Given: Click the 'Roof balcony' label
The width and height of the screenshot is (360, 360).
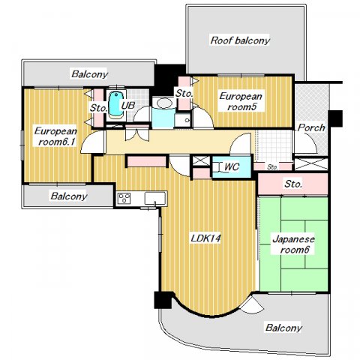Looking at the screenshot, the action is click(240, 40).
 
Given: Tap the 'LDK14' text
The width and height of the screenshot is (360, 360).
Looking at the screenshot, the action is click(205, 238).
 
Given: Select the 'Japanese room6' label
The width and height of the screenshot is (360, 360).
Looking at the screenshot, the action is click(294, 244).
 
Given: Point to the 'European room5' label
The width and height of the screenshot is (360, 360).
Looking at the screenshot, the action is click(241, 101).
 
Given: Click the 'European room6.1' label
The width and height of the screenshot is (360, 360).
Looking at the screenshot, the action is click(55, 136).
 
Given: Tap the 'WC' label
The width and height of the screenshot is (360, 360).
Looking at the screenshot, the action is click(232, 166).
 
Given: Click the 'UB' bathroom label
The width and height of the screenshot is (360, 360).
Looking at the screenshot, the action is click(127, 106).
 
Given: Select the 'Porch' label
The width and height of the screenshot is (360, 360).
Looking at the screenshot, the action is click(311, 127).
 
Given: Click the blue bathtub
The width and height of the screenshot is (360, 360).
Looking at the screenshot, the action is click(116, 104).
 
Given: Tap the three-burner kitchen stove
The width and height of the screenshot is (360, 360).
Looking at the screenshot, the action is click(124, 198).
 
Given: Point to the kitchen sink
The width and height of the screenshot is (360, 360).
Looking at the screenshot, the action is click(155, 199).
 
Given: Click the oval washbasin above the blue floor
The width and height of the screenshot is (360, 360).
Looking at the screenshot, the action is click(164, 103).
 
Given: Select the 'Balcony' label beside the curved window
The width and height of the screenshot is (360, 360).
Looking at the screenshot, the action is click(283, 328).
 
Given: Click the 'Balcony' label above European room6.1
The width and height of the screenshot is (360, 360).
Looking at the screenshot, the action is click(89, 74).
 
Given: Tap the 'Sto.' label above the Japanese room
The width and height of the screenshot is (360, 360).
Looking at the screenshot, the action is click(293, 184).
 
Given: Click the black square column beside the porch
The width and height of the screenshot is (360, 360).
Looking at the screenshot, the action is click(335, 118).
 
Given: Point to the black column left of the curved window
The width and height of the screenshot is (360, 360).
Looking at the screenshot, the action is click(163, 300).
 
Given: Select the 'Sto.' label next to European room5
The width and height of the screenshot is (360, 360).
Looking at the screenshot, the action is click(184, 94).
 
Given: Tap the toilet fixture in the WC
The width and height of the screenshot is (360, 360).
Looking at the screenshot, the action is click(218, 167).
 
